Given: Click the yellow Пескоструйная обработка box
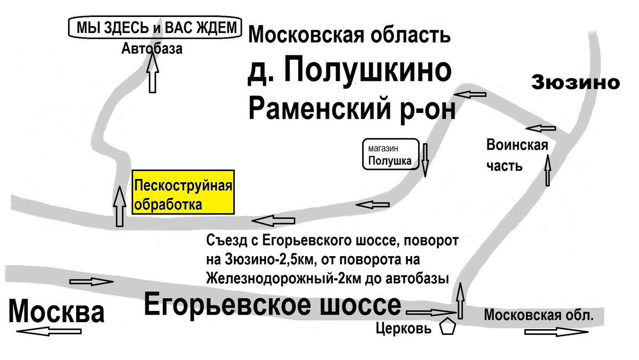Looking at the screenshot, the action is [x=183, y=192].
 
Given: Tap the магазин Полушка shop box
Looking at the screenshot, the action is [x=391, y=154].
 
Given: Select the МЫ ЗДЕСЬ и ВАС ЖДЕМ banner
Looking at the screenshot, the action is [x=155, y=27].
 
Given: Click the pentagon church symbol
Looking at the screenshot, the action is [x=447, y=327].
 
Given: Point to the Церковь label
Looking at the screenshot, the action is [x=404, y=329].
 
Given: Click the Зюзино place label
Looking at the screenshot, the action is [x=576, y=83].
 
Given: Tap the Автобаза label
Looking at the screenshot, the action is [x=152, y=48].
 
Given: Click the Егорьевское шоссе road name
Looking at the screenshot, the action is [x=273, y=305].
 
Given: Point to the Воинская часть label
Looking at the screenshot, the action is [x=517, y=156].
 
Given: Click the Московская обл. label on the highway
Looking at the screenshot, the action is [x=538, y=315].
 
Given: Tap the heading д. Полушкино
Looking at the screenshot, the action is [x=349, y=70].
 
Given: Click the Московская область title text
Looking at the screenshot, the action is [x=349, y=35].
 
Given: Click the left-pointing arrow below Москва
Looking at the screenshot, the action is [x=49, y=331].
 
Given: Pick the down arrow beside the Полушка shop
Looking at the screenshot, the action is [x=425, y=160].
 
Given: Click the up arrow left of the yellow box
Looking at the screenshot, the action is [x=119, y=206].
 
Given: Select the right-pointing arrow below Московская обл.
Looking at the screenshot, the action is [x=556, y=332].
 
